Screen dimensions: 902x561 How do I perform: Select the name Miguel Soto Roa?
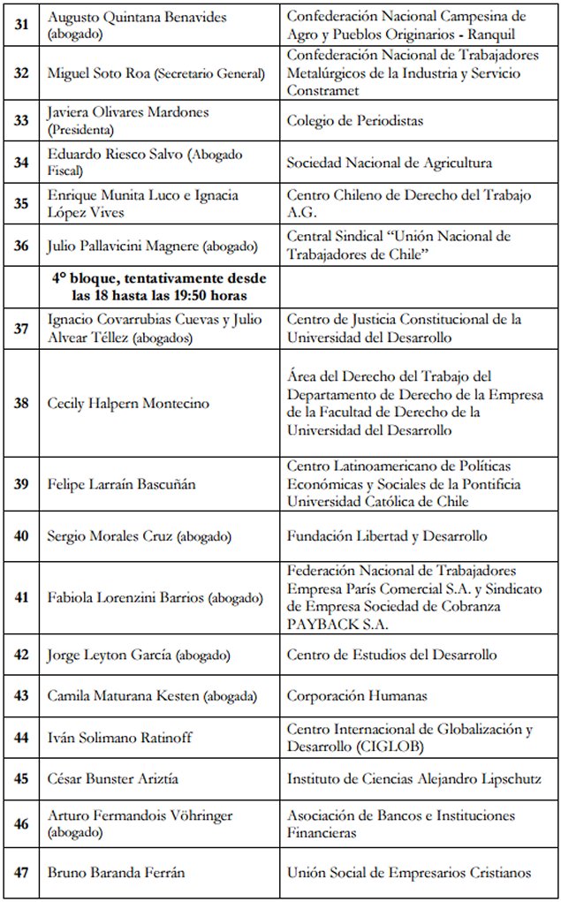(x=99, y=72)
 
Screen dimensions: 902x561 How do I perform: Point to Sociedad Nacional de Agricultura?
(x=389, y=163)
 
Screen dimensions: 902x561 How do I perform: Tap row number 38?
(x=21, y=403)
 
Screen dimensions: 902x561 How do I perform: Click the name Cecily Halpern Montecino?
(x=128, y=404)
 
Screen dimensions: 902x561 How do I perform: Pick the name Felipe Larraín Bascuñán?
(x=120, y=484)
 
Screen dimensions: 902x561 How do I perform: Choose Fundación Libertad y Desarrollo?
(x=387, y=536)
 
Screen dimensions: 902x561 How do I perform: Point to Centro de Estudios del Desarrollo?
(x=391, y=655)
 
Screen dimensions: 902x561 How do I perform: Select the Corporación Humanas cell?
(x=357, y=695)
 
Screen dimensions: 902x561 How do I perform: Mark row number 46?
(x=21, y=823)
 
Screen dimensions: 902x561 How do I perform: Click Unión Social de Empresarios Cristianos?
(x=409, y=872)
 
